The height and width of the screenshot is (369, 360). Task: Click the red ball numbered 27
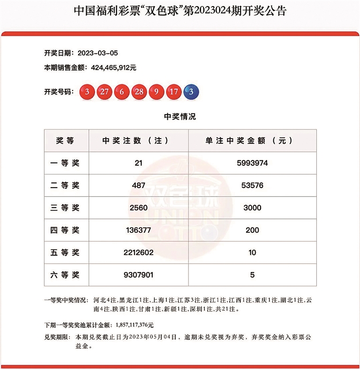pyautogui.click(x=105, y=92)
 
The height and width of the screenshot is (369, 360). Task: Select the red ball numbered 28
pyautogui.click(x=139, y=92)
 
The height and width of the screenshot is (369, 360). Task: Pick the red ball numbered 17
pyautogui.click(x=173, y=92)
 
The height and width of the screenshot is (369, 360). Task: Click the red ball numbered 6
pyautogui.click(x=122, y=92)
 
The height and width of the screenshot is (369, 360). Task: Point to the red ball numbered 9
pyautogui.click(x=156, y=92)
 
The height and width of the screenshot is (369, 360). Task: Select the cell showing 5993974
pyautogui.click(x=252, y=163)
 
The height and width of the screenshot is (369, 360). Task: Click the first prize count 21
pyautogui.click(x=138, y=163)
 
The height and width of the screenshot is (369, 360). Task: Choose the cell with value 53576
pyautogui.click(x=252, y=186)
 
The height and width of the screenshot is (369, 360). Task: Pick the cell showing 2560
pyautogui.click(x=138, y=208)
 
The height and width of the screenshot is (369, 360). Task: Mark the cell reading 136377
pyautogui.click(x=138, y=230)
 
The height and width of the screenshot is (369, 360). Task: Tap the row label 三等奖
pyautogui.click(x=65, y=208)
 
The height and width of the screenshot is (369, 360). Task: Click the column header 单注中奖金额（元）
pyautogui.click(x=252, y=141)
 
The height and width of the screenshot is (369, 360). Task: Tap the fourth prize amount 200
pyautogui.click(x=252, y=230)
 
